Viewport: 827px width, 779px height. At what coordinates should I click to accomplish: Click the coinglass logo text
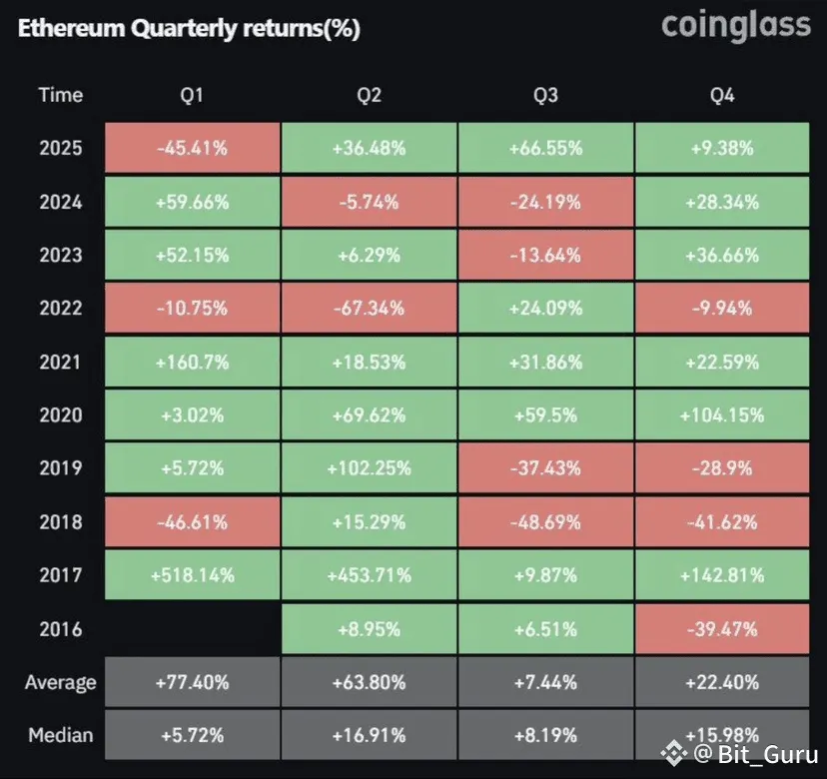pos(736,25)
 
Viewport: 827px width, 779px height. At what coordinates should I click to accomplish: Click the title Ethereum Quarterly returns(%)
pos(189,29)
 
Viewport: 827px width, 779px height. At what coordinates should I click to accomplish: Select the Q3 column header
pos(545,95)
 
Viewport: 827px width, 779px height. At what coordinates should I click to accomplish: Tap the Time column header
pos(61,95)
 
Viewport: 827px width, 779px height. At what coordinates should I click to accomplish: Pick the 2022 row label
pos(61,309)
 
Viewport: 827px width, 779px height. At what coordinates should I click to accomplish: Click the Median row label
pos(61,736)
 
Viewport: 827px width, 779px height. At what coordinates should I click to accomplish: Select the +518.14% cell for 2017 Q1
pos(192,575)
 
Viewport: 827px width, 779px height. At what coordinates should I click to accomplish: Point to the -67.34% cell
pos(370,309)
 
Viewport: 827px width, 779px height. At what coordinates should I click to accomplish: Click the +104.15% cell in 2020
pos(722,415)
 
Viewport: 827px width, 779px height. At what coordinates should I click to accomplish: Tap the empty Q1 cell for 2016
pos(192,629)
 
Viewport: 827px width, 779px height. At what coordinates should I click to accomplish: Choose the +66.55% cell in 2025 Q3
pos(545,149)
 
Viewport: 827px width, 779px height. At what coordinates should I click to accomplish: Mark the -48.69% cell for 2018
pos(545,522)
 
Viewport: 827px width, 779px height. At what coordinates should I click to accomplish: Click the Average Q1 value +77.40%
pos(192,683)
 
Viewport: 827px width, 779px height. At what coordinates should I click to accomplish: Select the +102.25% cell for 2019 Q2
pos(370,468)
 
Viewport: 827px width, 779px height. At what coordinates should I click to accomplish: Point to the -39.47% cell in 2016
pos(722,629)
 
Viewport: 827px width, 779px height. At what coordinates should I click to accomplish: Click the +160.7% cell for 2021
pos(192,362)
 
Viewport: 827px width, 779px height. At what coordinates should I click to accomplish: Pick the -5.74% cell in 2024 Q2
pos(370,202)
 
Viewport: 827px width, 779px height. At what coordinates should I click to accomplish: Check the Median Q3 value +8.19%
pos(545,736)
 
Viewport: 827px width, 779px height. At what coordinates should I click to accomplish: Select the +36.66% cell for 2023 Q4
pos(722,255)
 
